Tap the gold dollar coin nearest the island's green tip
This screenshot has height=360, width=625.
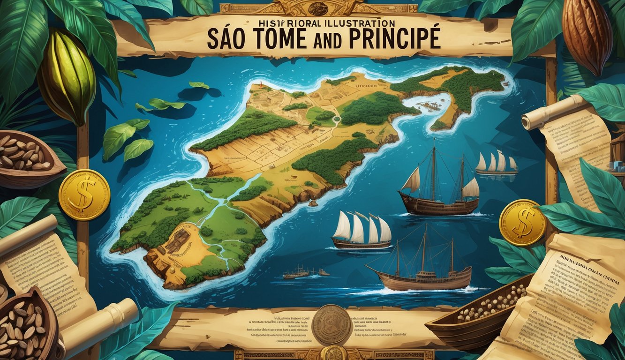(x=84, y=195)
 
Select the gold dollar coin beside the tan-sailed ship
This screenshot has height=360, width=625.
(x=522, y=222)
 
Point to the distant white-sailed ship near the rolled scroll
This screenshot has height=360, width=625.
(x=497, y=165)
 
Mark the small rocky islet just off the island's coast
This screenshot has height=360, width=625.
(x=313, y=203)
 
